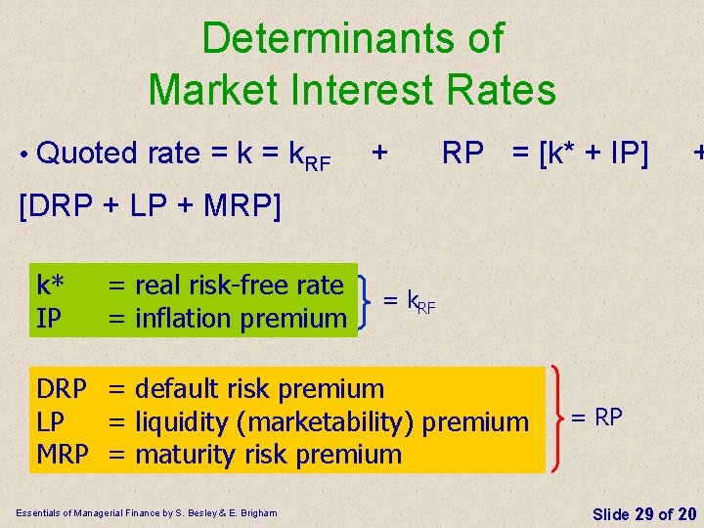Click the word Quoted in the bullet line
(x=88, y=154)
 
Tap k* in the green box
(x=51, y=286)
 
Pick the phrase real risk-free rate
(x=240, y=286)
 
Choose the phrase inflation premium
(x=241, y=318)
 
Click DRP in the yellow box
(x=61, y=389)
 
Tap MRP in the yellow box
(x=63, y=455)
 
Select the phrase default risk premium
(x=259, y=389)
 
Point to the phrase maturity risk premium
(x=268, y=455)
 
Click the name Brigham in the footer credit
(x=256, y=513)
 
